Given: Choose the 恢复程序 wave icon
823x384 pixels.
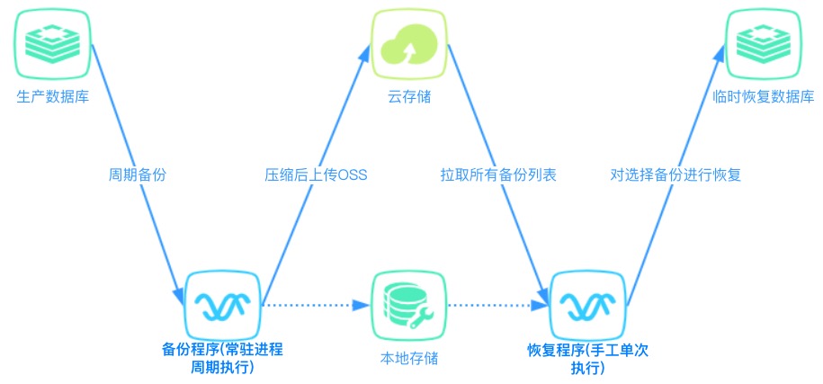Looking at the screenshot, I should point(586,305).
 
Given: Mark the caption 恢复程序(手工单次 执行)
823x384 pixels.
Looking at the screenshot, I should point(586,358).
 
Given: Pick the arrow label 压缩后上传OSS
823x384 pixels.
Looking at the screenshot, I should point(316,175).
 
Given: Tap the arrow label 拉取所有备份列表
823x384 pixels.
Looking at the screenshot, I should point(498,175).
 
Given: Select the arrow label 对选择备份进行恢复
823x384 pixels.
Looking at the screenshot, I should point(675,175).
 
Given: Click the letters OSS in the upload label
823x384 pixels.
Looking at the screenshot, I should point(352,175).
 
